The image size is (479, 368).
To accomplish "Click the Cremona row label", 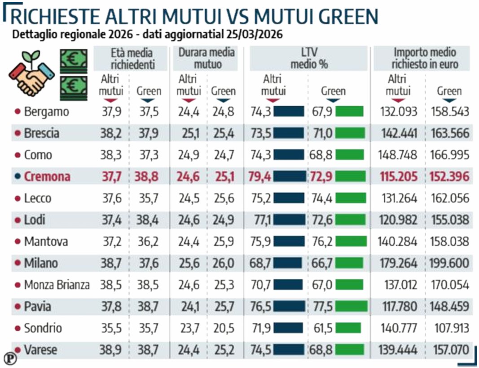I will point(47,177).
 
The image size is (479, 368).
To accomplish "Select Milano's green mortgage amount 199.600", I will point(449,263).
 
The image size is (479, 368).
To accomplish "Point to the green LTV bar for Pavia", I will point(351,307).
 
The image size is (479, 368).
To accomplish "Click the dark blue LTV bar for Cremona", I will point(290,177).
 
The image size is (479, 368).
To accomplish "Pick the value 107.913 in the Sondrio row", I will point(449,328).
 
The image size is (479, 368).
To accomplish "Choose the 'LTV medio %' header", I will point(309,58).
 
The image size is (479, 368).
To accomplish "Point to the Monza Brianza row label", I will point(57,285).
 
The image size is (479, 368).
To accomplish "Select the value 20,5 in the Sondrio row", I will point(223,328).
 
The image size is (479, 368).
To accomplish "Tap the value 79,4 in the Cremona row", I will point(259,177).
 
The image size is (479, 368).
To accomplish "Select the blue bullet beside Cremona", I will point(18,177).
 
